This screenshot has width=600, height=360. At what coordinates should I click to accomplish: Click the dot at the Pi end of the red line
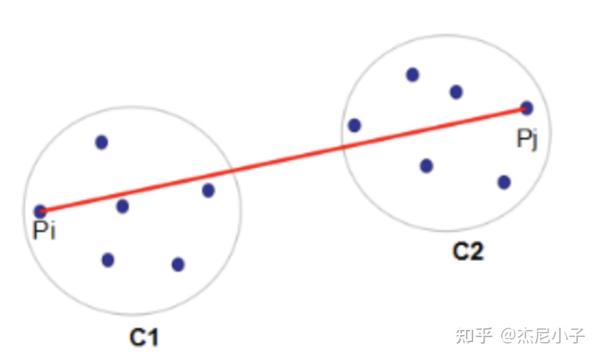[x=40, y=211]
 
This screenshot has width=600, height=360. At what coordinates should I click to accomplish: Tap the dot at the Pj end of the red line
[x=527, y=108]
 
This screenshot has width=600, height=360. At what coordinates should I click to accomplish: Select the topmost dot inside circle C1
[x=101, y=142]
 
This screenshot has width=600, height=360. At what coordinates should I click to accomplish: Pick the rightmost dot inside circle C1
[x=208, y=190]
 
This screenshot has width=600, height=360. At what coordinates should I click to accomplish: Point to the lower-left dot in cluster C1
[x=108, y=260]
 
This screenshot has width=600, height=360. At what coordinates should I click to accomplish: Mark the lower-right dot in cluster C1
[x=178, y=264]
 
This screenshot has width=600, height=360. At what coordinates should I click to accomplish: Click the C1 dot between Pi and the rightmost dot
[x=122, y=206]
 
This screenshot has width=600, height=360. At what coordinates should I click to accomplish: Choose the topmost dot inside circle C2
[x=412, y=74]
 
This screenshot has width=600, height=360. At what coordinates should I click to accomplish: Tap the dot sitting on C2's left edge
[x=354, y=125]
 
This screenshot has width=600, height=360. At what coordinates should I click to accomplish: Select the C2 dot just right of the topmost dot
[x=456, y=92]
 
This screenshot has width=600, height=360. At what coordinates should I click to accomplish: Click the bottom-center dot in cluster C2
[x=426, y=165]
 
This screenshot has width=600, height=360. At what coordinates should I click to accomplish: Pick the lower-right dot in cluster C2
[x=504, y=182]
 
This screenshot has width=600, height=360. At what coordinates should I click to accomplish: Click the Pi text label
[x=44, y=233]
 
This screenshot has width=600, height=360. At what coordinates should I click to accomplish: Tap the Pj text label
[x=528, y=138]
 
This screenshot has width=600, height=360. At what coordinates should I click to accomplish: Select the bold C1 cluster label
[x=144, y=337]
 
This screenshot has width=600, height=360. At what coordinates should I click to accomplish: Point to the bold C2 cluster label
[x=467, y=251]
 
